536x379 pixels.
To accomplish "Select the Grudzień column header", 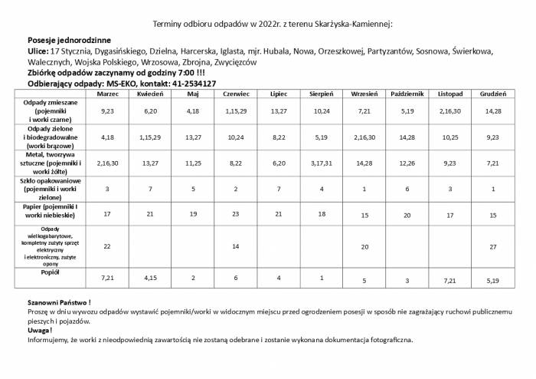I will [492, 94].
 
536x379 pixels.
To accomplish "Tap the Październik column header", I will [408, 94].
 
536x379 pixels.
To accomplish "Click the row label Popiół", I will [53, 272].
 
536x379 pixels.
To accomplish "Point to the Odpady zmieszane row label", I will [53, 111].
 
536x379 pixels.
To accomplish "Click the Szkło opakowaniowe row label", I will [53, 188].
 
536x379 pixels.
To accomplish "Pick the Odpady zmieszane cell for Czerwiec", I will [234, 111].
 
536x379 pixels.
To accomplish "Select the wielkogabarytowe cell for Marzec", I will [107, 246].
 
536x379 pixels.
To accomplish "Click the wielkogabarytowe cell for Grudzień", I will [492, 246].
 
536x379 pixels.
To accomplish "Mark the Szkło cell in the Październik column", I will [408, 189].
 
